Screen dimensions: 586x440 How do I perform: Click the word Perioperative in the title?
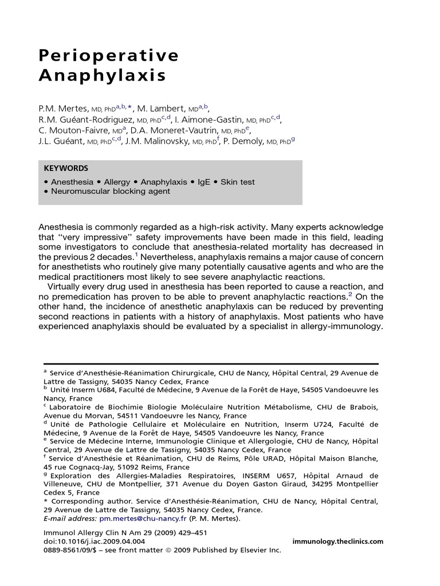(x=108, y=56)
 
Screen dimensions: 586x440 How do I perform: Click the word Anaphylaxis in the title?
(x=102, y=76)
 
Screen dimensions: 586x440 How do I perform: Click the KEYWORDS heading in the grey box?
(x=66, y=168)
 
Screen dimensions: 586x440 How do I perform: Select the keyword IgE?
(x=204, y=182)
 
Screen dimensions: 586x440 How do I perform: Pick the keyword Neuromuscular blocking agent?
(x=111, y=191)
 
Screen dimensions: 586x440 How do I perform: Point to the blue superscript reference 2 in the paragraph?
(x=351, y=294)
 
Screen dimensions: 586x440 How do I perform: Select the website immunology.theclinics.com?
(x=337, y=541)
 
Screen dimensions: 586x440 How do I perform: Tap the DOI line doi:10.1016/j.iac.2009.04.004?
(x=95, y=541)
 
